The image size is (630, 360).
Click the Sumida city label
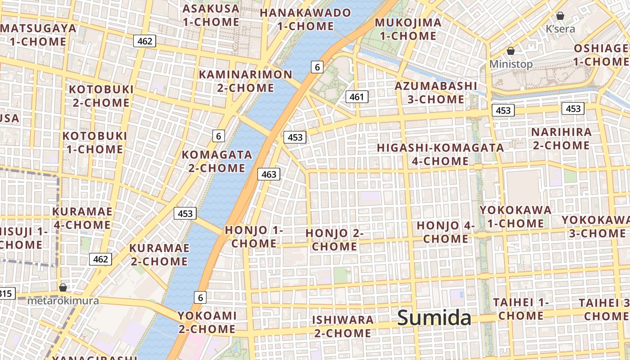tap(434, 318)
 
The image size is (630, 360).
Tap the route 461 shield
tap(357, 96)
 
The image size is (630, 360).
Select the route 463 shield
tap(269, 174)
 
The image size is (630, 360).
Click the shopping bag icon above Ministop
tap(511, 51)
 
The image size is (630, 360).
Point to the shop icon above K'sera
tap(560, 16)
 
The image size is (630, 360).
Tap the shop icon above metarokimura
tap(63, 287)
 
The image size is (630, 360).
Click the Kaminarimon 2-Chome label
tap(246, 81)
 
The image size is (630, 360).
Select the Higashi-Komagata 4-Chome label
tap(440, 154)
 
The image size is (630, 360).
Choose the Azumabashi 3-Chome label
tap(436, 92)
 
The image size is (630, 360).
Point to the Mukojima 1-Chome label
tap(408, 29)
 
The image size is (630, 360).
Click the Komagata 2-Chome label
tap(216, 161)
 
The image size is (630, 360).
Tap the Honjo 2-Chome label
tap(334, 239)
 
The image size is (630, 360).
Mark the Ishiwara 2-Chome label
tap(343, 326)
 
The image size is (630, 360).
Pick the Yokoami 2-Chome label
tap(207, 322)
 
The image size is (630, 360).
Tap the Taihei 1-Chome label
tap(521, 309)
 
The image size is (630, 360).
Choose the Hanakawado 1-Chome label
tap(305, 19)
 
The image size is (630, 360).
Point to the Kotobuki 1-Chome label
tap(94, 142)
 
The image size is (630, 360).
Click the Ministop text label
tap(511, 64)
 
